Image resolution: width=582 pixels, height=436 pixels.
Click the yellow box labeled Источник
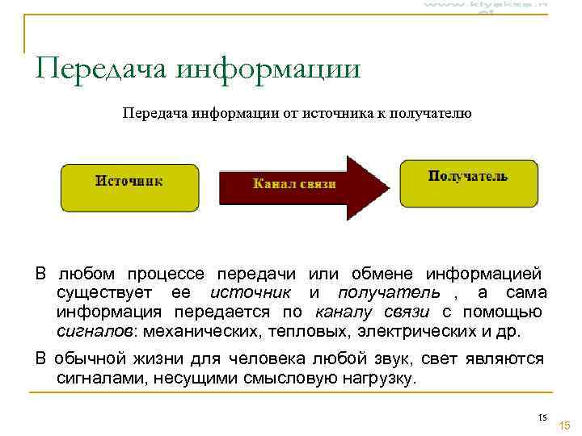pos(129,187)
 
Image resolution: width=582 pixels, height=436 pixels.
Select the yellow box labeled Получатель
pos(468,182)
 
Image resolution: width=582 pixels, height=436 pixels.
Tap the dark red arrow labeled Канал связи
pos(295,185)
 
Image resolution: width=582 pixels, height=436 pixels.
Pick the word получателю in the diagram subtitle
pos(429,114)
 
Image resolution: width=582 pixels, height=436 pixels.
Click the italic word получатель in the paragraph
pos(389,292)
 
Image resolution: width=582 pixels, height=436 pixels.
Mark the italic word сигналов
pos(95,331)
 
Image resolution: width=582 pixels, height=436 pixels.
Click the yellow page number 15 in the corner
pos(564,426)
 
